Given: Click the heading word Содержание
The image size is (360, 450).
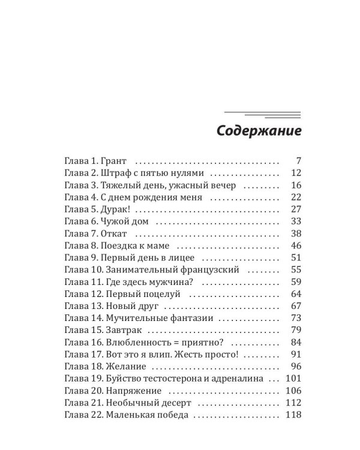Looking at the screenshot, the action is (259, 131).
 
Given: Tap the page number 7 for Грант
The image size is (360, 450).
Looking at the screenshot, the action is (298, 161).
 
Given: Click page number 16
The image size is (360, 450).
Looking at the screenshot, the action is (294, 185).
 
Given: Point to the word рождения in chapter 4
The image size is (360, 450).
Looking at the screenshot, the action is (164, 197).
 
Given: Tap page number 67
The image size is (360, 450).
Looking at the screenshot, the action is (294, 306).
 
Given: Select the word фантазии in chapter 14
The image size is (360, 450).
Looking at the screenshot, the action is (191, 318).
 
